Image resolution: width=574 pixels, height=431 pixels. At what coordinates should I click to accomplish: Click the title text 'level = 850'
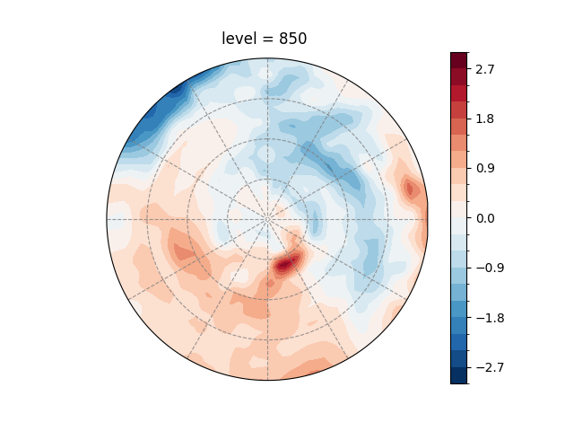[266, 39]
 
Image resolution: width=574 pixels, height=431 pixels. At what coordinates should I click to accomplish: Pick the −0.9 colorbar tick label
[489, 268]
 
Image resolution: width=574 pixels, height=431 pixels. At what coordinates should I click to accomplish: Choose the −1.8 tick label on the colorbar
[489, 318]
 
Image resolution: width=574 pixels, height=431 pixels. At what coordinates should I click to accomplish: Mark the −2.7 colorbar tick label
[489, 367]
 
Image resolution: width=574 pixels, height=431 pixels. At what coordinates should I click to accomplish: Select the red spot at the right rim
[412, 189]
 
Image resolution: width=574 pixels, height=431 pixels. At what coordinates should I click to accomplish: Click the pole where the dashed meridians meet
[267, 218]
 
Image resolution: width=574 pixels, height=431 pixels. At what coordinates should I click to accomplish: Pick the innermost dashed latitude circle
[267, 179]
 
